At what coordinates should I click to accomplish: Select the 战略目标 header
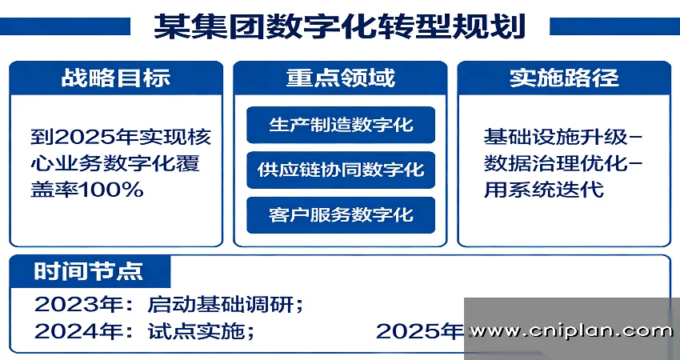(116, 78)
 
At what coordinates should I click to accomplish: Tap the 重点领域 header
(340, 78)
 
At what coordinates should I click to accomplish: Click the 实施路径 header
(564, 78)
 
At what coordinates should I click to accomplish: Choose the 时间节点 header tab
(90, 270)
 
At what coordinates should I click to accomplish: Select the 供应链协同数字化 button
(341, 170)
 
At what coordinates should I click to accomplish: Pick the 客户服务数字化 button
(341, 215)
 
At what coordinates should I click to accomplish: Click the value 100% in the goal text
(110, 190)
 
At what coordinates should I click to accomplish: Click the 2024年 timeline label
(70, 330)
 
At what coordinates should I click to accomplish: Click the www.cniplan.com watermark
(571, 330)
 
